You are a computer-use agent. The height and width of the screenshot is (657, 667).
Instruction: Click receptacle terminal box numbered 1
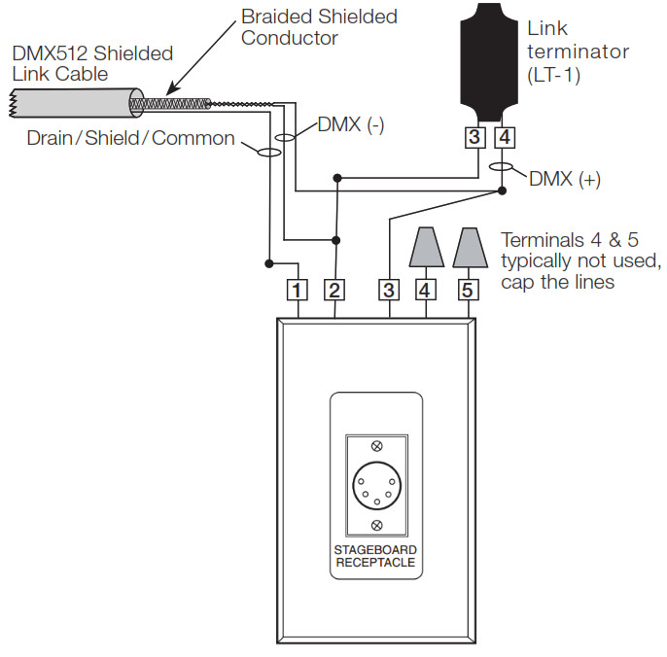[297, 290]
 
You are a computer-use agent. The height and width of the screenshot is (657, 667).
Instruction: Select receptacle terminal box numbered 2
[334, 290]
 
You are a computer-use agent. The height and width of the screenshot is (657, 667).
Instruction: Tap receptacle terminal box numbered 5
[468, 290]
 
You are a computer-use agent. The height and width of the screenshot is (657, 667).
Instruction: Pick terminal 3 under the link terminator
[474, 137]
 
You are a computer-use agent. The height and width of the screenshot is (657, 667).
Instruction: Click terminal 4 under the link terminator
[505, 137]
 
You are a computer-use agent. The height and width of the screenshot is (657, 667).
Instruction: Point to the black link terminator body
[489, 61]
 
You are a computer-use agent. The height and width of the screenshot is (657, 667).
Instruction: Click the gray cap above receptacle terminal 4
[426, 247]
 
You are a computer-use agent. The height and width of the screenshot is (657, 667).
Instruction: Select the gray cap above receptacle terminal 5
[470, 247]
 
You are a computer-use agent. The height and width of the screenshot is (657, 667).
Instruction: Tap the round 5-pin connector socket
[377, 486]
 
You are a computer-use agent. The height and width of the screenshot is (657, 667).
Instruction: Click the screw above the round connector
[377, 446]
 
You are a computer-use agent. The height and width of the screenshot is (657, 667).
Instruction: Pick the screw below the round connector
[377, 525]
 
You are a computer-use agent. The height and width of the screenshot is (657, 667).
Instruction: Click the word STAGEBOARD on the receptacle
[375, 550]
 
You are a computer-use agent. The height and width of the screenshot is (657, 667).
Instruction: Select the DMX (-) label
[351, 125]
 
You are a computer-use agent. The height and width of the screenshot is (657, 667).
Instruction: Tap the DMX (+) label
[565, 179]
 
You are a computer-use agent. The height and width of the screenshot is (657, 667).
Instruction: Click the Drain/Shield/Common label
[130, 138]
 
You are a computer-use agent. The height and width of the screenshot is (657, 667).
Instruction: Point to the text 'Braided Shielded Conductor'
[319, 27]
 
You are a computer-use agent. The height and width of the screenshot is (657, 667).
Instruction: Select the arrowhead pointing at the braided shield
[171, 89]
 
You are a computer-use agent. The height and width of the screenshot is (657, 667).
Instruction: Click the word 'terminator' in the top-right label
[578, 52]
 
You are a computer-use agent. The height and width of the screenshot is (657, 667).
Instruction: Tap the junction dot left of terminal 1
[268, 263]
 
